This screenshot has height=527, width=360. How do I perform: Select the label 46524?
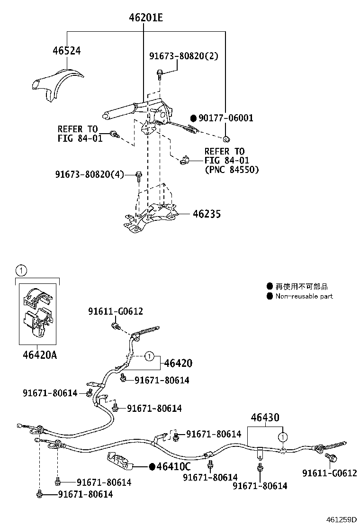pos(66,51)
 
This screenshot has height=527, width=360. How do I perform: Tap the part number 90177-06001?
pos(225,118)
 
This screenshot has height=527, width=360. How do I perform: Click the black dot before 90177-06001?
pos(193,118)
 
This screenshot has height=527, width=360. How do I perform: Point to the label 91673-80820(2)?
pos(184,56)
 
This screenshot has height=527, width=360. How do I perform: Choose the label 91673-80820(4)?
pos(89,175)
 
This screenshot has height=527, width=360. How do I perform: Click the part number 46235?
pos(207,214)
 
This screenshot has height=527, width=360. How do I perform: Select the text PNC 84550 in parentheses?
pos(232,169)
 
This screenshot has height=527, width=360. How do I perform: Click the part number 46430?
pos(265,418)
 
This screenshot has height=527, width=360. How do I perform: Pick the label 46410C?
pos(174,467)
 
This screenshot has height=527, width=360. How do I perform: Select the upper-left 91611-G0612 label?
pos(115,311)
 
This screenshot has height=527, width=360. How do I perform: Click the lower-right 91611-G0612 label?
pos(330,473)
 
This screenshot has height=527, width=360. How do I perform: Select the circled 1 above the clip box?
pos(21,271)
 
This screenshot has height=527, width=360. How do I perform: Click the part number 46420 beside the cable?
pos(178,363)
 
